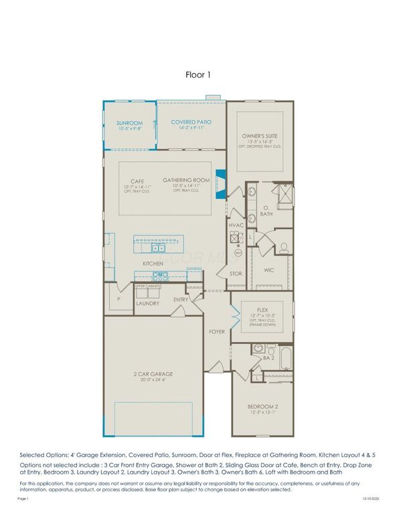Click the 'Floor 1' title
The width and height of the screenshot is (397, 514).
198,75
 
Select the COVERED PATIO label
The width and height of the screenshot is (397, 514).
191,122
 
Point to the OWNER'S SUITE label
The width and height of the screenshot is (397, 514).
260,136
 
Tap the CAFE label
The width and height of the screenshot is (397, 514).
138,181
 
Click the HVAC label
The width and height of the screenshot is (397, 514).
236,226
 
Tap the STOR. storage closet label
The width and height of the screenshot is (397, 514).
236,274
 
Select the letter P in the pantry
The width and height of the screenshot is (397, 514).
118,299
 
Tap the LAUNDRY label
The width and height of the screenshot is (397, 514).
147,303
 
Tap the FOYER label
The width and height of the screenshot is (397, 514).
216,331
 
